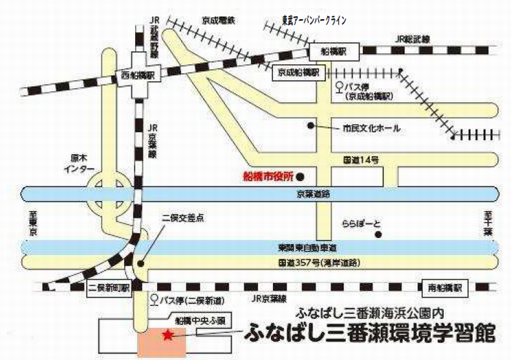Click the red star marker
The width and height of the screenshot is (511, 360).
168,335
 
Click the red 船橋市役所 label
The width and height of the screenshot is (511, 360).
266,177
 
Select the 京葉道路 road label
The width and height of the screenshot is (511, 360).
314,194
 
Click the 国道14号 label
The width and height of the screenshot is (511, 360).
360,158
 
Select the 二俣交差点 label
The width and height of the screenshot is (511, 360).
182,218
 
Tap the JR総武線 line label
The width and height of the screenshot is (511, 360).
414,37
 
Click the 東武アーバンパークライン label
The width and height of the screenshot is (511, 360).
315,20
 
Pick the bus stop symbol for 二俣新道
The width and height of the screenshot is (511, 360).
154,298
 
